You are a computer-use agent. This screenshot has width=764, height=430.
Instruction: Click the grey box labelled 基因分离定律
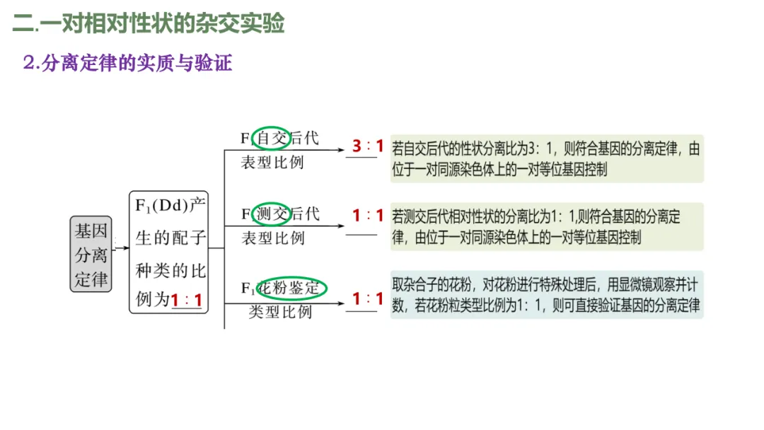[91, 254]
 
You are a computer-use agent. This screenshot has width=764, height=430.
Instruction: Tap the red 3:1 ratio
[367, 146]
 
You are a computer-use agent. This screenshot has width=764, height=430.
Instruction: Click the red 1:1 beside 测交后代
[368, 215]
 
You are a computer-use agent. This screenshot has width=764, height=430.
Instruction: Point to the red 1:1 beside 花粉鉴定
[368, 298]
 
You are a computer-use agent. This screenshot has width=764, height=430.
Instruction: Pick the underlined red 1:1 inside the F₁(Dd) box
[187, 301]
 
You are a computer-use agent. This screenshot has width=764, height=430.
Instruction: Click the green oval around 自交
[272, 137]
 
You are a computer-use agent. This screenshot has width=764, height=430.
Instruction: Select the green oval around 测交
[272, 213]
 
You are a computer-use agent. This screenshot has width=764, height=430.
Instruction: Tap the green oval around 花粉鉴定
[291, 289]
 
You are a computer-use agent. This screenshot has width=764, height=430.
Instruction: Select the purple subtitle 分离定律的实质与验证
[127, 64]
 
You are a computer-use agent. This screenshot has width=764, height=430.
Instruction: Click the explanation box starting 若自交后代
[547, 158]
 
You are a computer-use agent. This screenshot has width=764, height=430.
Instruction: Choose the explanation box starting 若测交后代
[547, 226]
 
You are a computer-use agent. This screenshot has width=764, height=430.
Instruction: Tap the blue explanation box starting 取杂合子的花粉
[547, 294]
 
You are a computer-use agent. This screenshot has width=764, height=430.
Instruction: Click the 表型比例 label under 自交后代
[272, 162]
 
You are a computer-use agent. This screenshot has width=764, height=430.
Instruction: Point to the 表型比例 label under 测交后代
[272, 238]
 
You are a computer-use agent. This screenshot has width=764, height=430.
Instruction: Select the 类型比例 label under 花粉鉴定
[280, 311]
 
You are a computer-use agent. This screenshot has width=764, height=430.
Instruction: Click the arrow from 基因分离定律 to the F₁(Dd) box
[121, 248]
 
